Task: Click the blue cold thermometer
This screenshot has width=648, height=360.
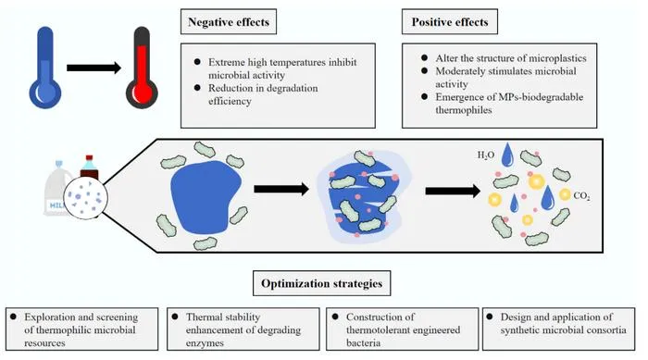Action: point(45,68)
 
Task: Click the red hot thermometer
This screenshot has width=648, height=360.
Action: point(142,68)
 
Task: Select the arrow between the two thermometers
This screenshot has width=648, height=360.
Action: point(93,68)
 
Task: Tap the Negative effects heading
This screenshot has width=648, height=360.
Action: point(229,22)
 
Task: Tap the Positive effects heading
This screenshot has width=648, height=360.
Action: point(450,22)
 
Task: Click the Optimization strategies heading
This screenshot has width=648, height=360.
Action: point(321,283)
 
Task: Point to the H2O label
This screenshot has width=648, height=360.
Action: point(486,155)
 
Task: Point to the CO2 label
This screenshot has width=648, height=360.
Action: point(581,196)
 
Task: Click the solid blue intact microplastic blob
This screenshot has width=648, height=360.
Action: point(206,196)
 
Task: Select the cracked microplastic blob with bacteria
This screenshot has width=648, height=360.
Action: point(364,196)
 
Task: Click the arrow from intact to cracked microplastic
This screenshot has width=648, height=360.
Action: point(281,190)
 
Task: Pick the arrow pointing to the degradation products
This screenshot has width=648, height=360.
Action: point(453,191)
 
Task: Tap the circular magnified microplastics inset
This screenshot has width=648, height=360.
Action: point(85,197)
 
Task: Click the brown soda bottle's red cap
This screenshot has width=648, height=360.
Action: point(89,159)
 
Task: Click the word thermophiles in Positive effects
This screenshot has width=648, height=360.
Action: point(463,110)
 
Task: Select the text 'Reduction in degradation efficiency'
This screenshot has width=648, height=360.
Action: point(263,94)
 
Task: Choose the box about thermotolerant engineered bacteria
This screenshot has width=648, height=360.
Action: point(402,329)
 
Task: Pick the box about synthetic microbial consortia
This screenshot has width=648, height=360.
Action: point(559,329)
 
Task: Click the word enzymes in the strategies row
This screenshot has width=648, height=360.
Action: point(205,343)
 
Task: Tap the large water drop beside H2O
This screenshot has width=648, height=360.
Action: point(507,155)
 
